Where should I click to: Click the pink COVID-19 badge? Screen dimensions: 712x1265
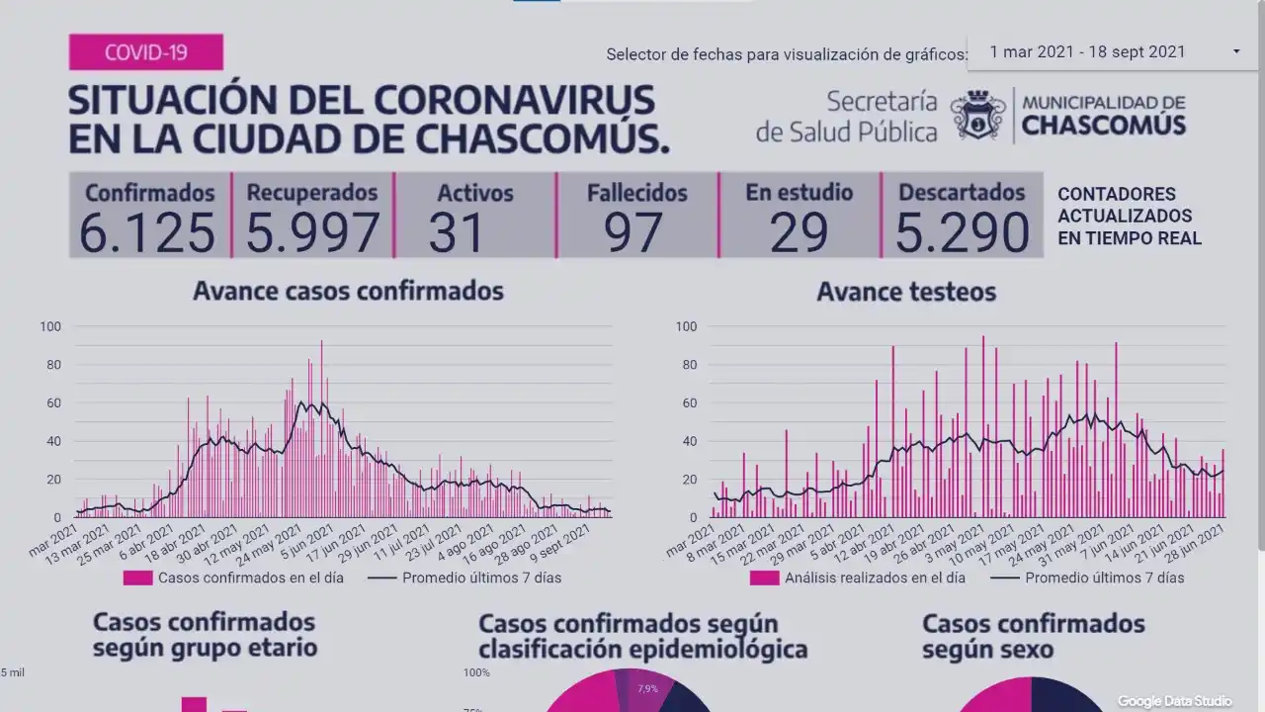pos(145,52)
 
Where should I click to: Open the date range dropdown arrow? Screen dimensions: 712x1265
pos(1236,51)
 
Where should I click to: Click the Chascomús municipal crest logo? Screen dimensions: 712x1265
pos(977,116)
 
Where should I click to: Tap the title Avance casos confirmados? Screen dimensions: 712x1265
pos(348,291)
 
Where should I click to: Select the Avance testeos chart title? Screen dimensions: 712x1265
pos(906,292)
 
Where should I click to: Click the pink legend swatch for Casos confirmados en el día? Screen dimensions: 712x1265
pos(138,578)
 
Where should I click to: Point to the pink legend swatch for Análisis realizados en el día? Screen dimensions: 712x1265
pos(764,578)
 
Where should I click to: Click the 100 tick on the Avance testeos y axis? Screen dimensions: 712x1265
pos(686,326)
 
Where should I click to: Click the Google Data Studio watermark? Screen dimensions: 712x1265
pos(1175,701)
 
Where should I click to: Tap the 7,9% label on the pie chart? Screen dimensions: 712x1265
pos(647,688)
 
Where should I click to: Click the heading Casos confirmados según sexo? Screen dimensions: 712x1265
pos(1033,637)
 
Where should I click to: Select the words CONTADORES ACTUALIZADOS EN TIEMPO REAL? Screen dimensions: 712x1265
pos(1129,216)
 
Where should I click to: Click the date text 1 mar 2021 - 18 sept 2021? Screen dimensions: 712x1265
pos(1087,51)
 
